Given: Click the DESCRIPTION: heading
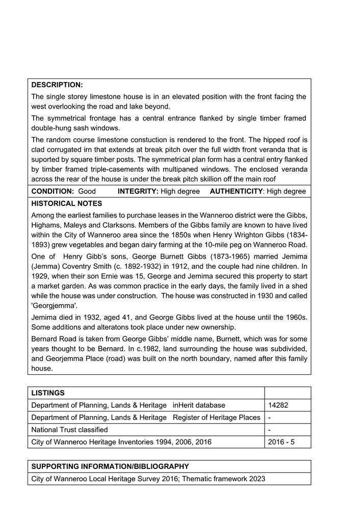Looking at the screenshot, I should tap(57, 85).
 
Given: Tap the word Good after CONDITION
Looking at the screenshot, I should tap(87, 191).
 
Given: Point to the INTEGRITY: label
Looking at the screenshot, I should tap(138, 191).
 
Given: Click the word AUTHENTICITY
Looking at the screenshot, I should tap(236, 191).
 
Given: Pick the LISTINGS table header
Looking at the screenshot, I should tap(48, 393).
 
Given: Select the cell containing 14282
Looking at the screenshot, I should tap(278, 405).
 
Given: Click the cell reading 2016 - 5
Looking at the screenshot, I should tap(281, 442).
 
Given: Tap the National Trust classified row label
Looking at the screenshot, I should tap(69, 430).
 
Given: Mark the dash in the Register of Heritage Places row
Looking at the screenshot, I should tap(270, 418).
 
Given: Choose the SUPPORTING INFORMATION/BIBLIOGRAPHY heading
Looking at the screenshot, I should tap(110, 466).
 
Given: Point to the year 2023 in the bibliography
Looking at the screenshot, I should tap(256, 479).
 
